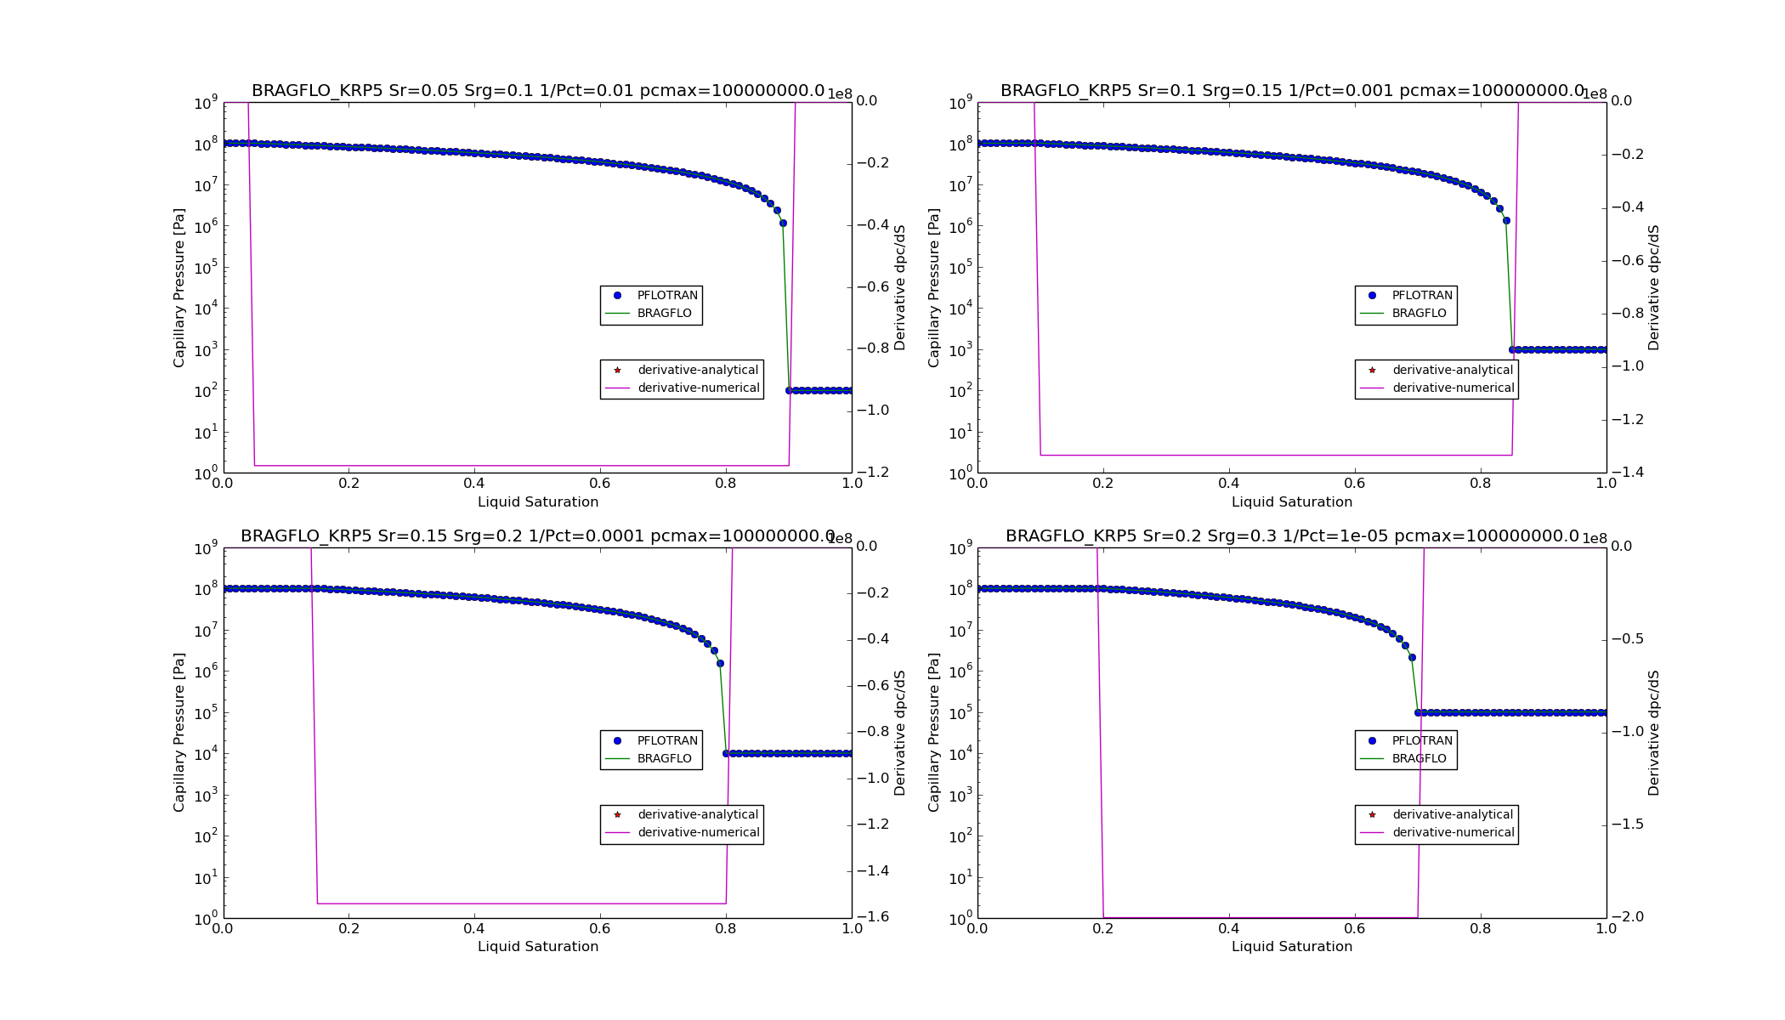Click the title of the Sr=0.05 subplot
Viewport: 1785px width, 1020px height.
[x=537, y=91]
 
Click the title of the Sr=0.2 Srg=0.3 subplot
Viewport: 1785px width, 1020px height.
[x=1292, y=536]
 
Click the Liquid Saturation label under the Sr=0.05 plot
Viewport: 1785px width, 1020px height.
[x=537, y=502]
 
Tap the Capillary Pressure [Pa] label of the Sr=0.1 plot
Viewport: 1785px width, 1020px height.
[x=934, y=287]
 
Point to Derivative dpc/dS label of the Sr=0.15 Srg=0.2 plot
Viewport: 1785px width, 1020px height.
[x=899, y=733]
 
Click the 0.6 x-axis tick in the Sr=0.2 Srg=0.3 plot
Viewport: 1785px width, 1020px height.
[x=1355, y=929]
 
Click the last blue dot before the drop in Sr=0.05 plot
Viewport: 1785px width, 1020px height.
[x=783, y=224]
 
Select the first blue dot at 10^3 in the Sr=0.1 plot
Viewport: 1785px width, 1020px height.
[x=1512, y=349]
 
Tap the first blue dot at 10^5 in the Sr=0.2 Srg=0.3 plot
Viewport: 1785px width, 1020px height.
[x=1418, y=712]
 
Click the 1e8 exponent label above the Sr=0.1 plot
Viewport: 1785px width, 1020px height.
[x=1594, y=94]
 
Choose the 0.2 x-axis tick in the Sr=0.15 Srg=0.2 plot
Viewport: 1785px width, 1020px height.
[x=348, y=929]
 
